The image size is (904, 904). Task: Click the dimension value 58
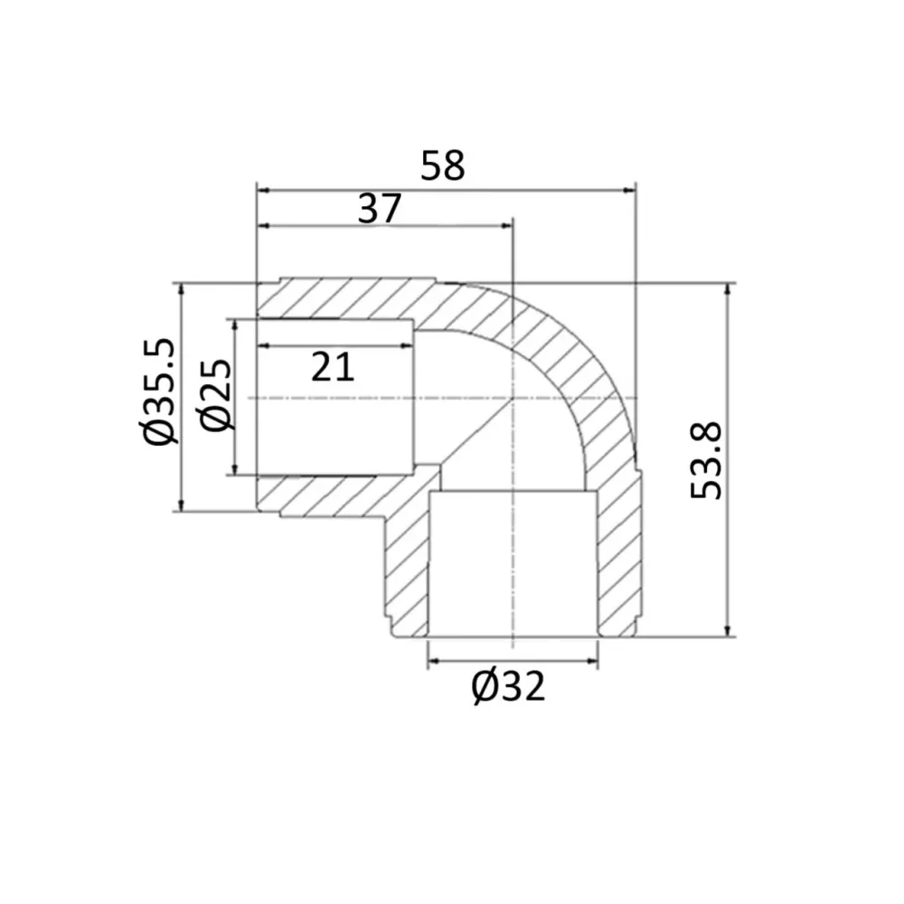point(442,165)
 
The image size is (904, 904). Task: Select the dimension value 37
point(380,209)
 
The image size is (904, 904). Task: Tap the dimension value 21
point(333,367)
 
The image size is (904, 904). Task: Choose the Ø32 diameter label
point(508,687)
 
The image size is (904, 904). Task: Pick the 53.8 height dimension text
point(706,461)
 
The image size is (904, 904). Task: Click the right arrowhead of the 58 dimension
point(630,190)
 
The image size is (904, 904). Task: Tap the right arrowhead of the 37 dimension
point(507,225)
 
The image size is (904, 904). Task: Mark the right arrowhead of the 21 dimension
point(408,345)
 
